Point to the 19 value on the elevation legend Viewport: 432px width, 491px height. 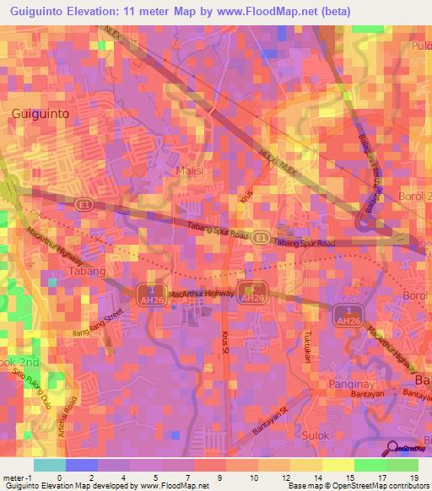click(x=413, y=478)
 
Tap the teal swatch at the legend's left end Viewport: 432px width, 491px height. click(x=49, y=465)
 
